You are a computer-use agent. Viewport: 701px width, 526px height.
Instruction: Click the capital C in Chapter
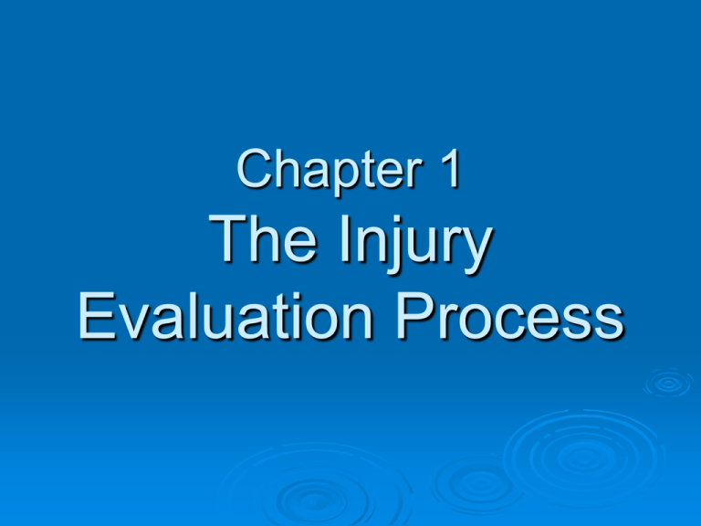pos(255,171)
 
